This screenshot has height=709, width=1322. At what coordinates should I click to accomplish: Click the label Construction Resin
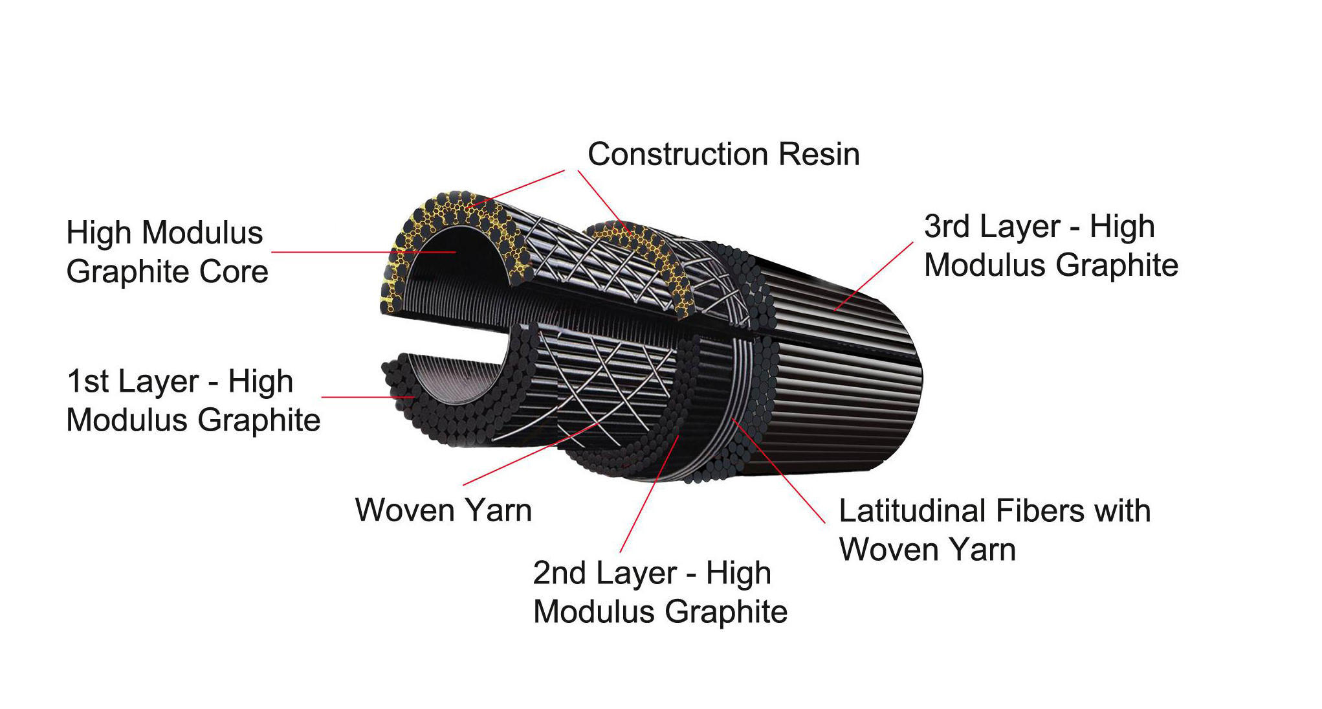click(723, 155)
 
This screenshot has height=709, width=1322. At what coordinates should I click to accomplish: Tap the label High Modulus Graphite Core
click(167, 252)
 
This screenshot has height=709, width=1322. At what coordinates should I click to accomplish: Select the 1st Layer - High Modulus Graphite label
click(193, 400)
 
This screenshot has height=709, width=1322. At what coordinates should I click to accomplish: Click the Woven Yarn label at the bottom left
click(443, 510)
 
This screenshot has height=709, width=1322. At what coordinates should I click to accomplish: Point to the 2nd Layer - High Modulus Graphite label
click(659, 592)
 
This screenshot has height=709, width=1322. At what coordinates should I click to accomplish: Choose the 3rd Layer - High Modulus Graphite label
click(1050, 245)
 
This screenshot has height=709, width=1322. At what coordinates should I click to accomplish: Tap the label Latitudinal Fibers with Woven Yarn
click(994, 530)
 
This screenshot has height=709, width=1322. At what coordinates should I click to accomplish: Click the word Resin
click(819, 155)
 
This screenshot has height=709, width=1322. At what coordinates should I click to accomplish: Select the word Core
click(234, 271)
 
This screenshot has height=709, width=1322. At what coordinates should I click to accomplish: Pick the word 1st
click(88, 381)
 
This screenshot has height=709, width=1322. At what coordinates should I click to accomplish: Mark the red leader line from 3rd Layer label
click(874, 276)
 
